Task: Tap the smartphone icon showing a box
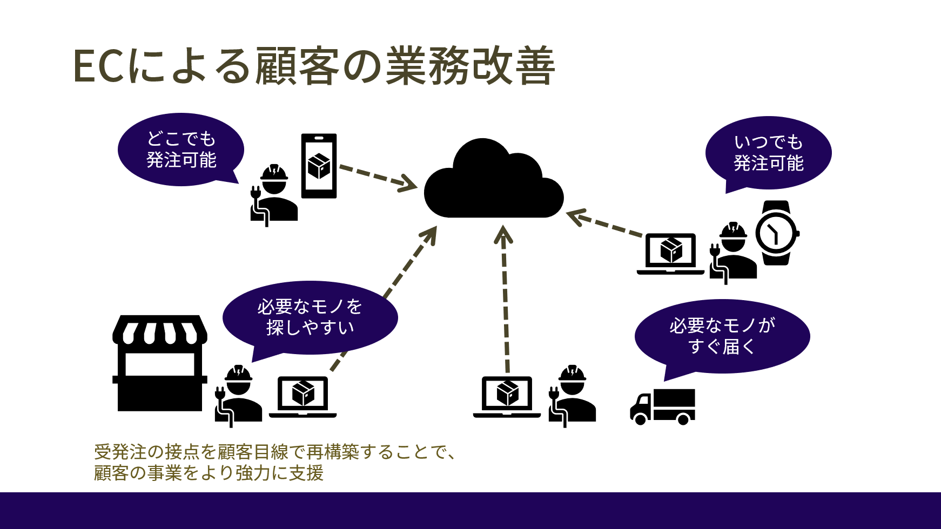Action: (319, 166)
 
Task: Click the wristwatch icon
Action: (776, 233)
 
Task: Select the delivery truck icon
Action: (663, 406)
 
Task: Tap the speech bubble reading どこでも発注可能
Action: (181, 150)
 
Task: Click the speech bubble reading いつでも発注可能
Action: (768, 153)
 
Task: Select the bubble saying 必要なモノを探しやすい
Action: (310, 317)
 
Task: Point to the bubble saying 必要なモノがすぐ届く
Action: (722, 336)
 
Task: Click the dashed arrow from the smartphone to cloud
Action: (378, 177)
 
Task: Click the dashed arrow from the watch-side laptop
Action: (605, 224)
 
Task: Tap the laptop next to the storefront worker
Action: (303, 397)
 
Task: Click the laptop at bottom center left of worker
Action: (507, 397)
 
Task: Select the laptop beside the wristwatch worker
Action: (670, 254)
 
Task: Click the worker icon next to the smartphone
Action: (274, 194)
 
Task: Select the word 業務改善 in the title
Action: (470, 66)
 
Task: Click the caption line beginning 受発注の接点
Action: (275, 452)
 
